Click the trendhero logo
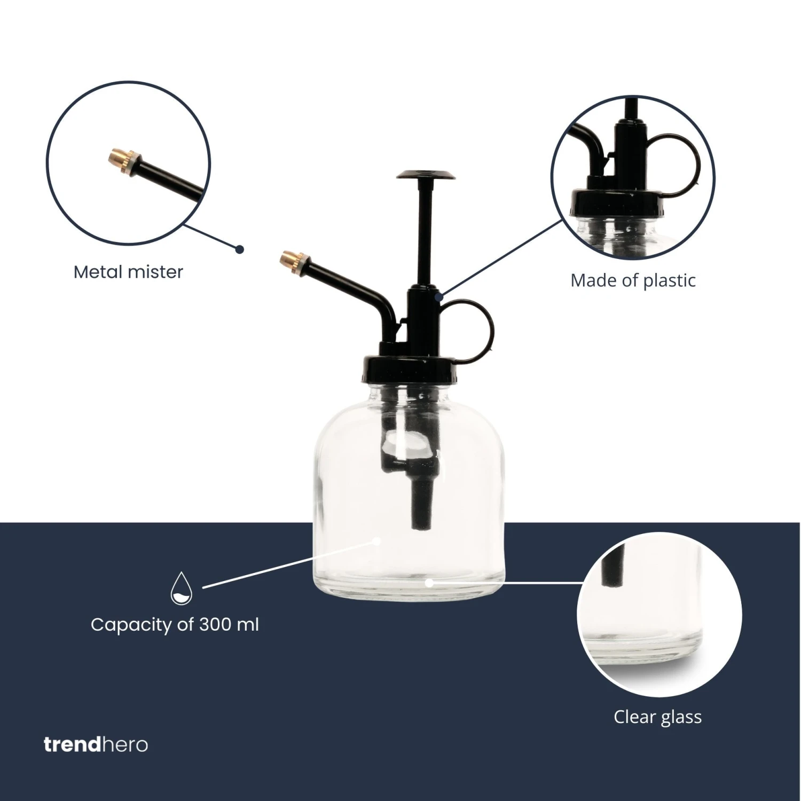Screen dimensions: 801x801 (x=96, y=744)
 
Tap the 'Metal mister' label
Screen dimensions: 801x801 (x=128, y=272)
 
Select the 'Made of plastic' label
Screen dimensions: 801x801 (x=633, y=280)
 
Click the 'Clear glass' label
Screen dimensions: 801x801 (x=657, y=717)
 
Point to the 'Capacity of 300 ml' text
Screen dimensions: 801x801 (x=175, y=624)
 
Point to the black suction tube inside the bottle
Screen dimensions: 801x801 (x=422, y=502)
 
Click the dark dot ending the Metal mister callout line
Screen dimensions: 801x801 (x=240, y=249)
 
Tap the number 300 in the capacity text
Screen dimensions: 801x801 (x=216, y=624)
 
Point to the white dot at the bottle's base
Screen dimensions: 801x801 (x=428, y=583)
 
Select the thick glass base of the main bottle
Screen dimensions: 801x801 (x=409, y=590)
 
